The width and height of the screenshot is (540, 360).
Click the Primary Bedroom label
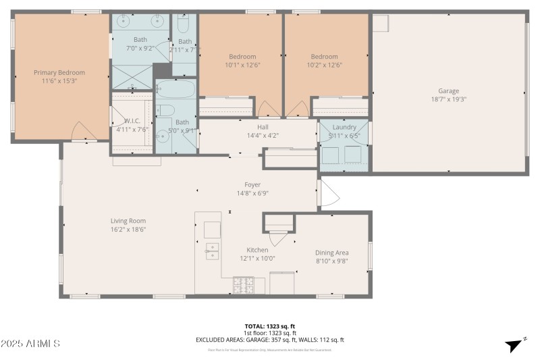click(59, 72)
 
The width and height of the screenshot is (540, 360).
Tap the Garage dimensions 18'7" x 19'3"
click(448, 99)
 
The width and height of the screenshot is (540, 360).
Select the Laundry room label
click(344, 127)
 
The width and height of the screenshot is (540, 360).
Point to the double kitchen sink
click(212, 251)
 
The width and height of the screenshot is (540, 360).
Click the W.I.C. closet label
click(132, 122)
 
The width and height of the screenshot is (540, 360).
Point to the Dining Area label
click(332, 253)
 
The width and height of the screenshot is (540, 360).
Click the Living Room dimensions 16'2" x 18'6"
click(128, 230)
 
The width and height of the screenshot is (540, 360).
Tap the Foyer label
click(252, 184)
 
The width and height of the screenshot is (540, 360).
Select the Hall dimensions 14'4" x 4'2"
click(263, 135)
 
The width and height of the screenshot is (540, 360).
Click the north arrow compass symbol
click(515, 344)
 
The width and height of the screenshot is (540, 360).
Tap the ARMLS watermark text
click(30, 344)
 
